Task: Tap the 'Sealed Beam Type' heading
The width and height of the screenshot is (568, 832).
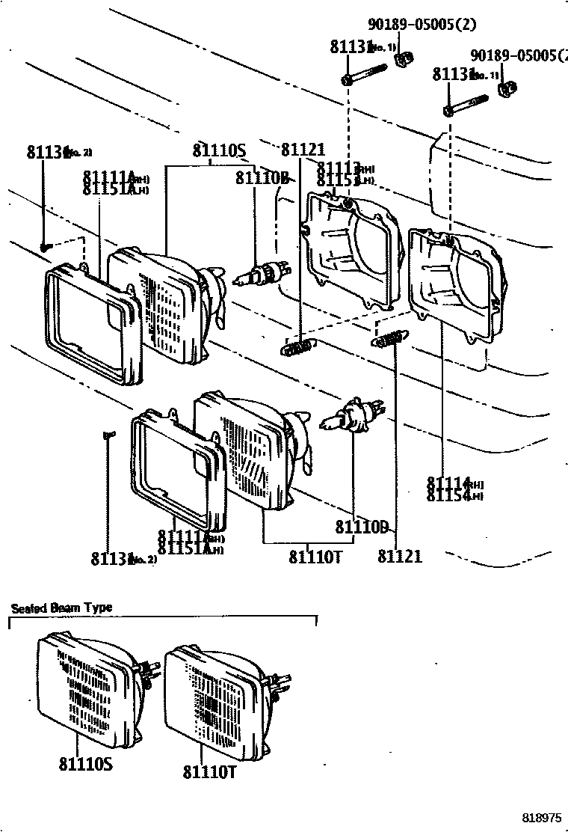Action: pos(61,608)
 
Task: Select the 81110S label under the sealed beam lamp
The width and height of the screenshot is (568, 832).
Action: pos(85,764)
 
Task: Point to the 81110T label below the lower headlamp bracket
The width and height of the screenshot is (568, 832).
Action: pos(315,557)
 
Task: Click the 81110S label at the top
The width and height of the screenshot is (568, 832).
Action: pos(219,151)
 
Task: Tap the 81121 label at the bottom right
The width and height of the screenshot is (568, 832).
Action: pos(399,556)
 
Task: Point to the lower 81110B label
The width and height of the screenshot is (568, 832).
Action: pos(362,527)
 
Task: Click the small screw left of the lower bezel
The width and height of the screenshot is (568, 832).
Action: pos(108,434)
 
